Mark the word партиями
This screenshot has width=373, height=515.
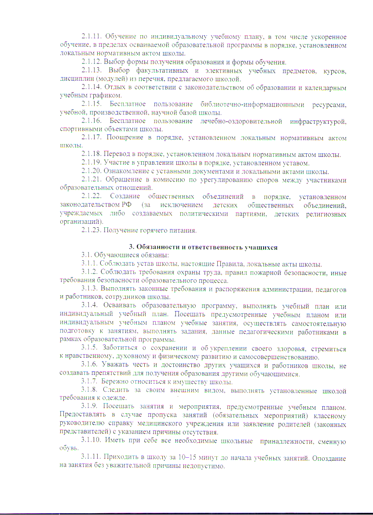[252, 214]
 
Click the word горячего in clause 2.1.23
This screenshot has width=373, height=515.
[154, 230]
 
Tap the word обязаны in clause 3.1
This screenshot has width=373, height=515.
[153, 256]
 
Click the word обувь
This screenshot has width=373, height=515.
[67, 449]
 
